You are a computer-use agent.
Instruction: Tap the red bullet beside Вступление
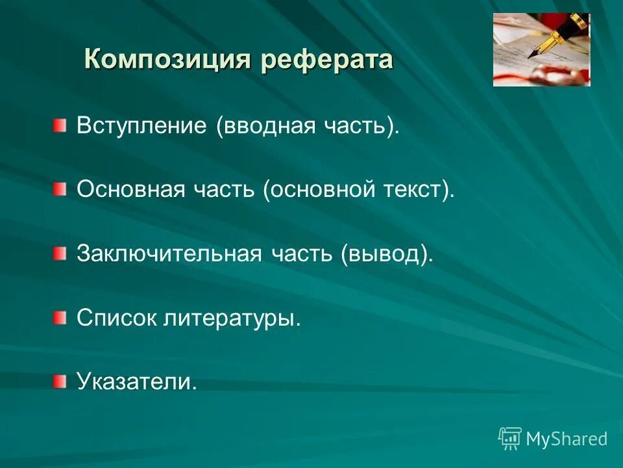click(x=60, y=125)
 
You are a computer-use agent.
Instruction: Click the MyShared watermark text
click(x=567, y=439)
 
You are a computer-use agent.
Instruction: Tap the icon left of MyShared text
click(x=510, y=439)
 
